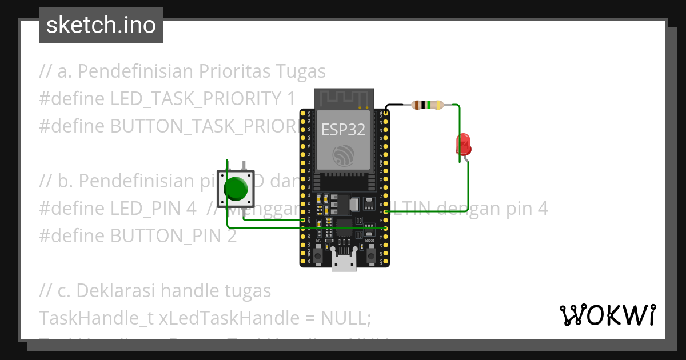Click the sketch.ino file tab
click(x=101, y=25)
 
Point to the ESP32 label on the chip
click(x=343, y=130)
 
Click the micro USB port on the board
click(x=344, y=262)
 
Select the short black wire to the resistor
click(x=394, y=106)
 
